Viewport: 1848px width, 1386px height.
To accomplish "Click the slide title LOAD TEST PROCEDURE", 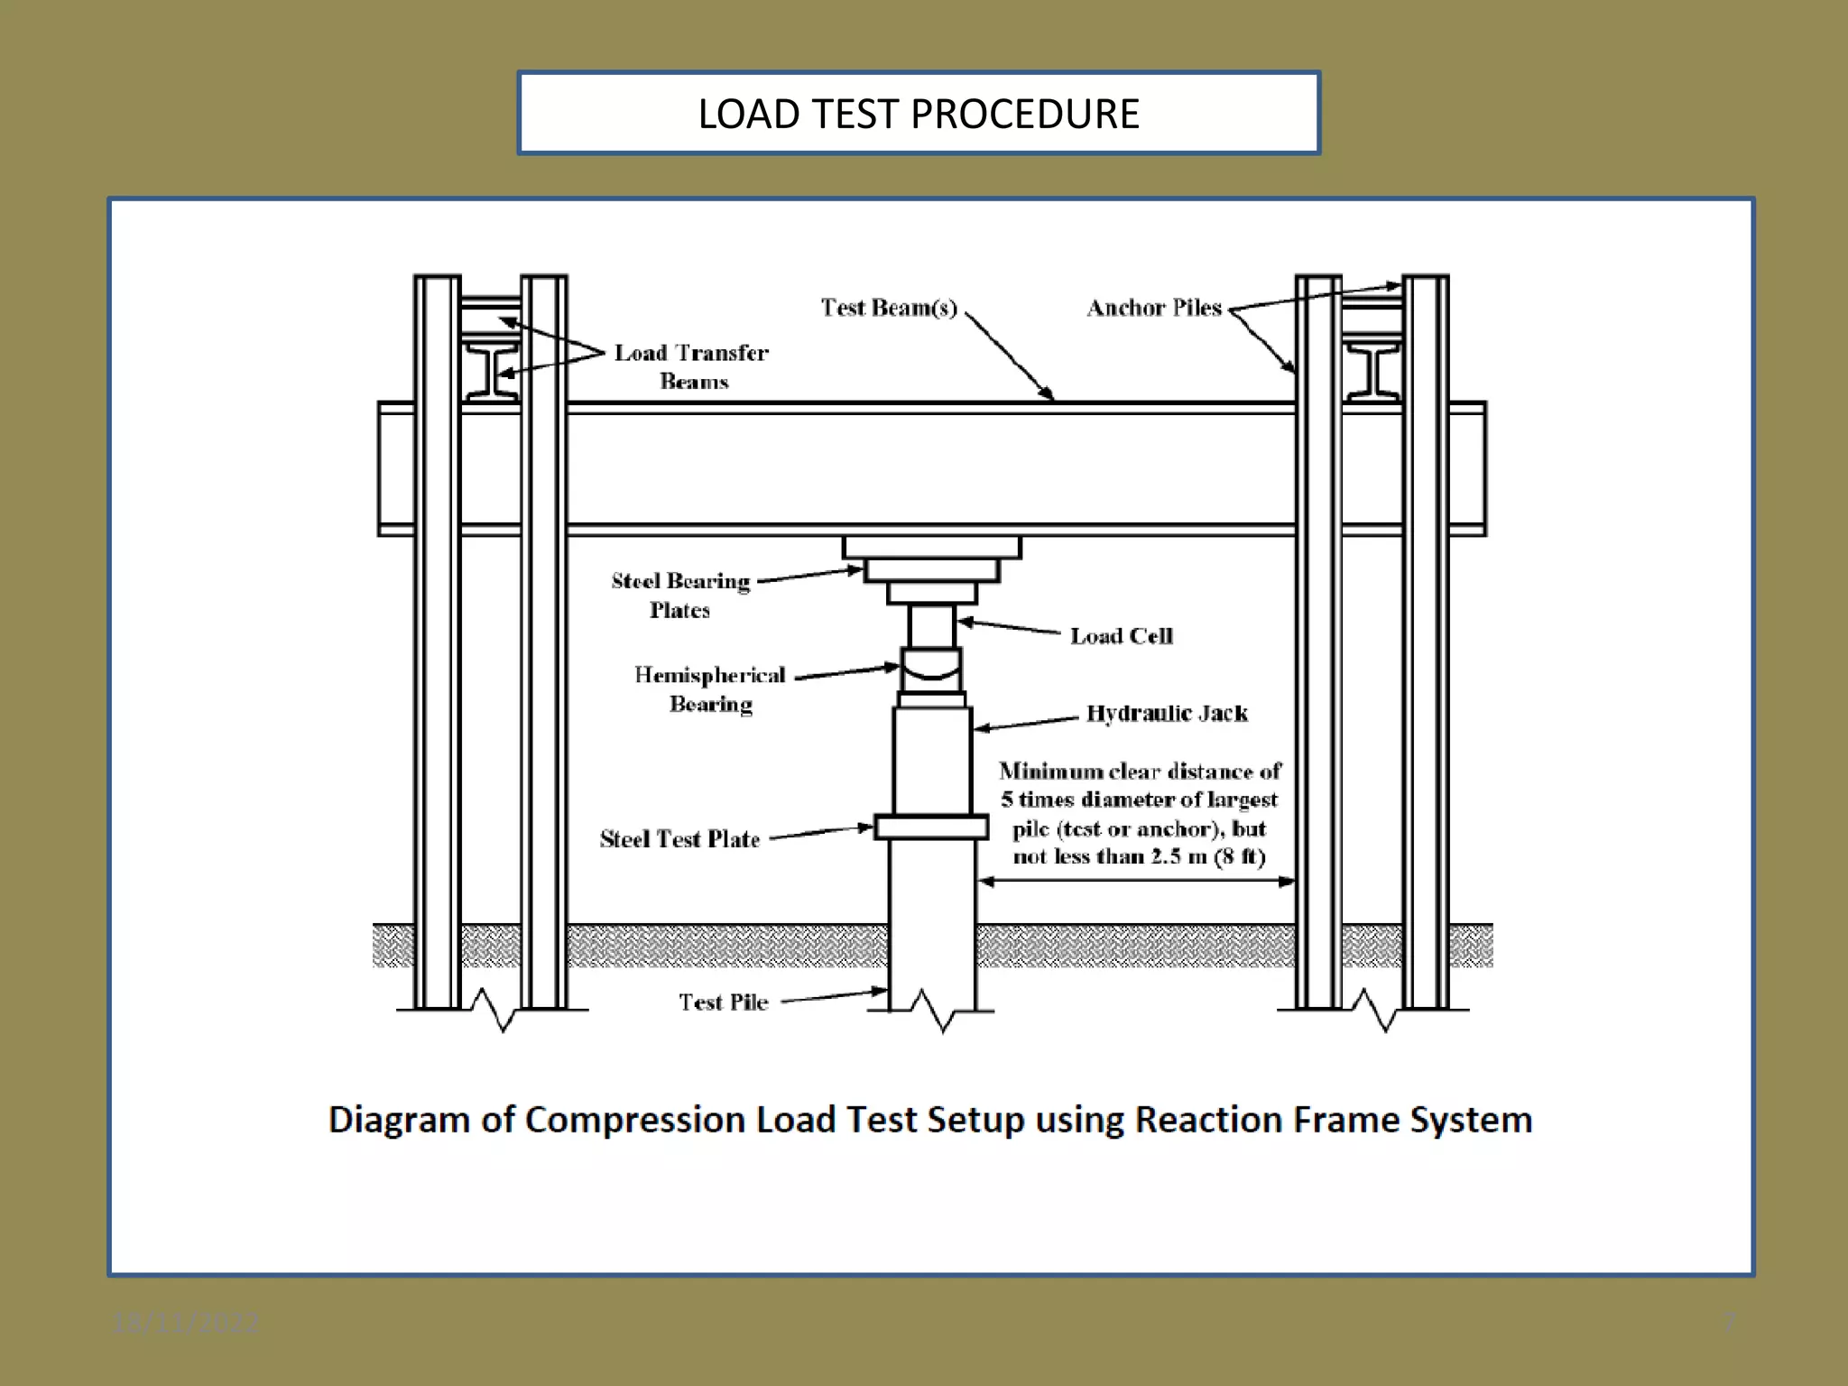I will pyautogui.click(x=918, y=114).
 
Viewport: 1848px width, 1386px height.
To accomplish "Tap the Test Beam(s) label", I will pyautogui.click(x=888, y=308).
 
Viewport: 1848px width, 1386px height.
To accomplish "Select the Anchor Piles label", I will pyautogui.click(x=1153, y=308).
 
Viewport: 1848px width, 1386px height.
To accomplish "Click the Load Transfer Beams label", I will pyautogui.click(x=692, y=366).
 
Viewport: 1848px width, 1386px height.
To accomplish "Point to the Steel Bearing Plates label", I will pyautogui.click(x=680, y=595).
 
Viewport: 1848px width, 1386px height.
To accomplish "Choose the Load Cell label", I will pyautogui.click(x=1121, y=636).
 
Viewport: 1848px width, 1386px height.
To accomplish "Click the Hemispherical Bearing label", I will pyautogui.click(x=710, y=688).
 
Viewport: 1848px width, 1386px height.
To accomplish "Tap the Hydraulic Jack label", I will pyautogui.click(x=1166, y=714).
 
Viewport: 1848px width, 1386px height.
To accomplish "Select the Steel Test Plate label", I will pyautogui.click(x=679, y=839).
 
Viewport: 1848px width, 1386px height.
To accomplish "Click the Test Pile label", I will pyautogui.click(x=723, y=1003).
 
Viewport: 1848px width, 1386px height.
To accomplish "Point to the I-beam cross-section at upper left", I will pyautogui.click(x=491, y=370).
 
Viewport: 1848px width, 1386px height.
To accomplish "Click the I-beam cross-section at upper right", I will pyautogui.click(x=1372, y=370).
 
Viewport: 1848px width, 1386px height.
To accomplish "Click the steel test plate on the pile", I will pyautogui.click(x=931, y=827).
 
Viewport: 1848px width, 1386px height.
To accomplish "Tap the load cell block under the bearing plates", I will pyautogui.click(x=931, y=626).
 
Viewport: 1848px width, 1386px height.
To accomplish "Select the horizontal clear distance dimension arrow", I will pyautogui.click(x=1137, y=882).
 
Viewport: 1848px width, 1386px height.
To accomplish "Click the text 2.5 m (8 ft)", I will pyautogui.click(x=1208, y=857).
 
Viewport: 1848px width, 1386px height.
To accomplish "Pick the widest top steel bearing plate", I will pyautogui.click(x=931, y=548).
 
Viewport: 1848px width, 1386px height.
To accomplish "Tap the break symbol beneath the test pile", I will pyautogui.click(x=933, y=1012).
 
